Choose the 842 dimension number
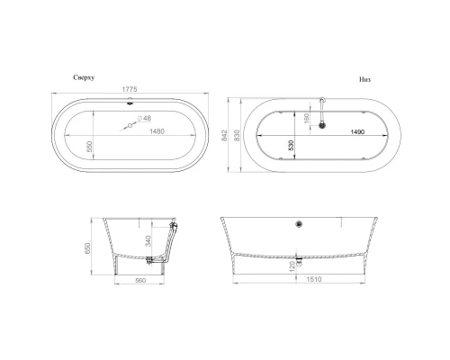coord(223,135)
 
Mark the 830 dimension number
coord(235,135)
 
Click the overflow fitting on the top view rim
coord(131,102)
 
